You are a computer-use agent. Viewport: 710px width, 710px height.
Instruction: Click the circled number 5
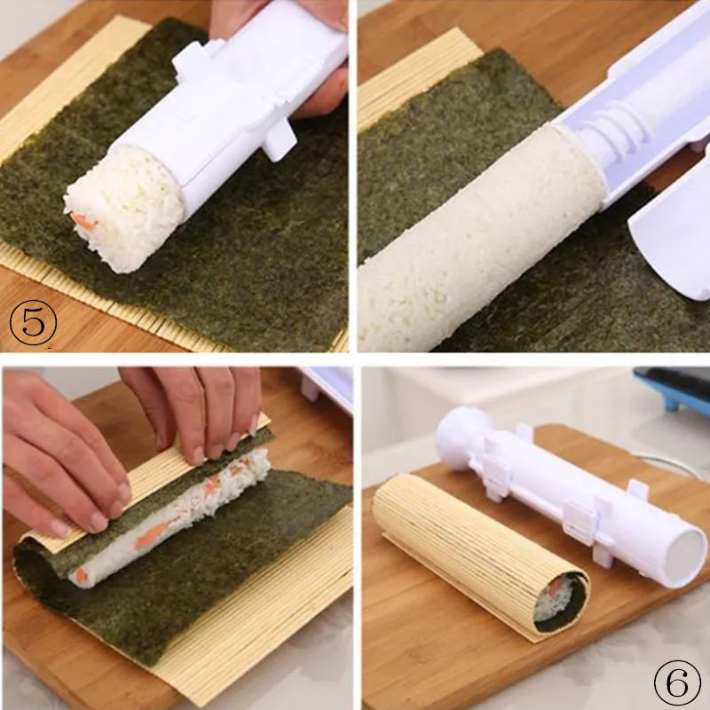[x=33, y=322]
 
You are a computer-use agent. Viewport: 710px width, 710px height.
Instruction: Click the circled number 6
[x=677, y=684]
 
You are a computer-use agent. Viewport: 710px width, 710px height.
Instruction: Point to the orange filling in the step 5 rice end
[x=83, y=222]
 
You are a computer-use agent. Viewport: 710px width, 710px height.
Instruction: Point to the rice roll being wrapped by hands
[x=177, y=515]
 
